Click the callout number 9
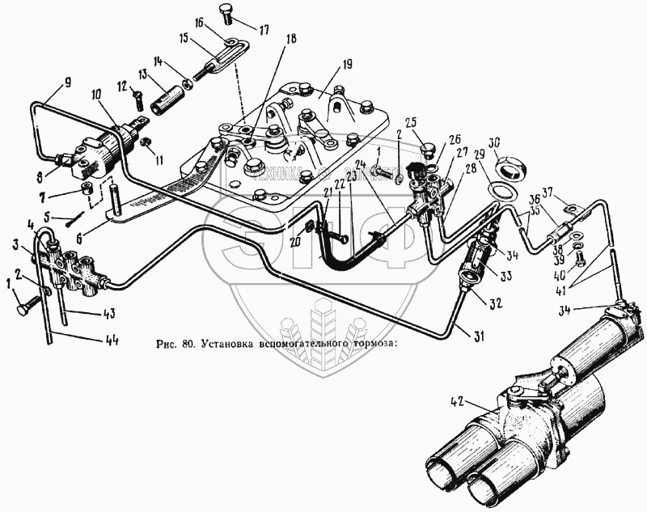coord(66,82)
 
